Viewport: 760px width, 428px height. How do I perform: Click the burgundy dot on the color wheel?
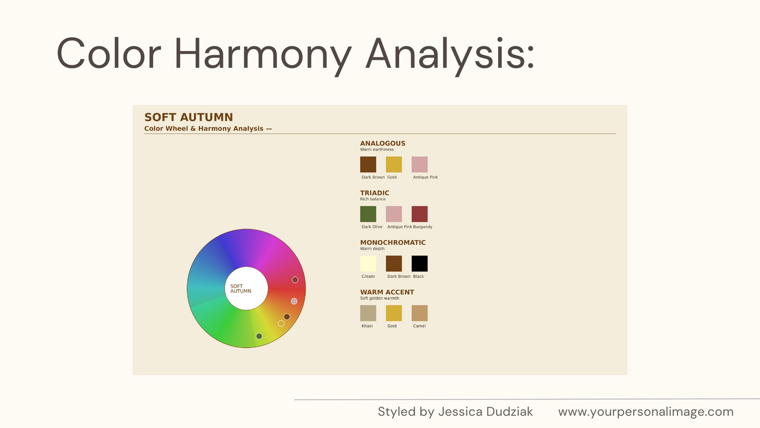pos(295,280)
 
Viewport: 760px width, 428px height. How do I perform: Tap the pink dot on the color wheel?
pos(294,301)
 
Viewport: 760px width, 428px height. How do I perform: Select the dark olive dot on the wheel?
pos(259,336)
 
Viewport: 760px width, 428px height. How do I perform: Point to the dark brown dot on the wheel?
pos(287,316)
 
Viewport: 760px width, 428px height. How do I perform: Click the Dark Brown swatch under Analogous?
pos(368,164)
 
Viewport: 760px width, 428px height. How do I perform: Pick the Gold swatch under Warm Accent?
pos(394,313)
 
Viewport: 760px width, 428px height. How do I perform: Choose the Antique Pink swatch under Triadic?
pos(394,214)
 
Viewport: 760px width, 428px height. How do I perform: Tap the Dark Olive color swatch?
pos(368,214)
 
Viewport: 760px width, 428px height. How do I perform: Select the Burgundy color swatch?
pos(420,214)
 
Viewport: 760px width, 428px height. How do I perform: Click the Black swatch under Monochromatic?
pos(420,264)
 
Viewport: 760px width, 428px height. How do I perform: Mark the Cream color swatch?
pos(368,264)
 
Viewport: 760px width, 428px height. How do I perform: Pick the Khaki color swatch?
pos(368,313)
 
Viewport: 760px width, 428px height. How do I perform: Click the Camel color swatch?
pos(420,313)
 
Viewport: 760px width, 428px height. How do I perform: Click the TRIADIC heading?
pos(374,193)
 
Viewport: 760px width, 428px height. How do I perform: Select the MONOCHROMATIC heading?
pos(393,243)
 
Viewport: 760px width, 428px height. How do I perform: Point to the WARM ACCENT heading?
pos(387,292)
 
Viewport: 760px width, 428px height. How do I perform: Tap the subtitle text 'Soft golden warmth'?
pos(380,298)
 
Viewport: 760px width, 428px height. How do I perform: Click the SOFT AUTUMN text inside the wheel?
pos(240,288)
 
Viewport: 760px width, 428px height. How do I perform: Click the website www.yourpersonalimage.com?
pos(646,412)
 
